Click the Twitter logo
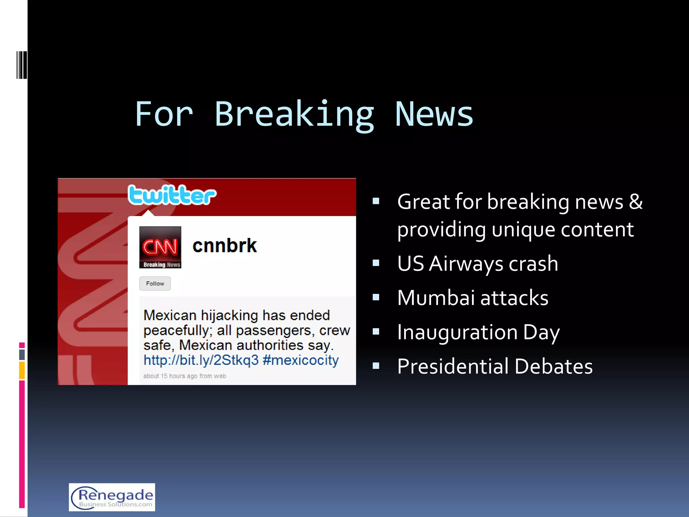coord(172,195)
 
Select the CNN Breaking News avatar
coord(160,247)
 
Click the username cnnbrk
coord(224,245)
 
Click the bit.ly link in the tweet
coord(201,360)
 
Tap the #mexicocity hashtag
coord(300,360)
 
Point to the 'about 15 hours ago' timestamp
coord(184,376)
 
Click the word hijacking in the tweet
coord(229,315)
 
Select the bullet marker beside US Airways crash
coord(376,263)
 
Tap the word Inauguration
coord(457,332)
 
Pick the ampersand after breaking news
coord(636,202)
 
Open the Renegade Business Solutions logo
coord(112,497)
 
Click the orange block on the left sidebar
coord(22,370)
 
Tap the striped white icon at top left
coord(21,65)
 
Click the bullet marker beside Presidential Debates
coord(376,366)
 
